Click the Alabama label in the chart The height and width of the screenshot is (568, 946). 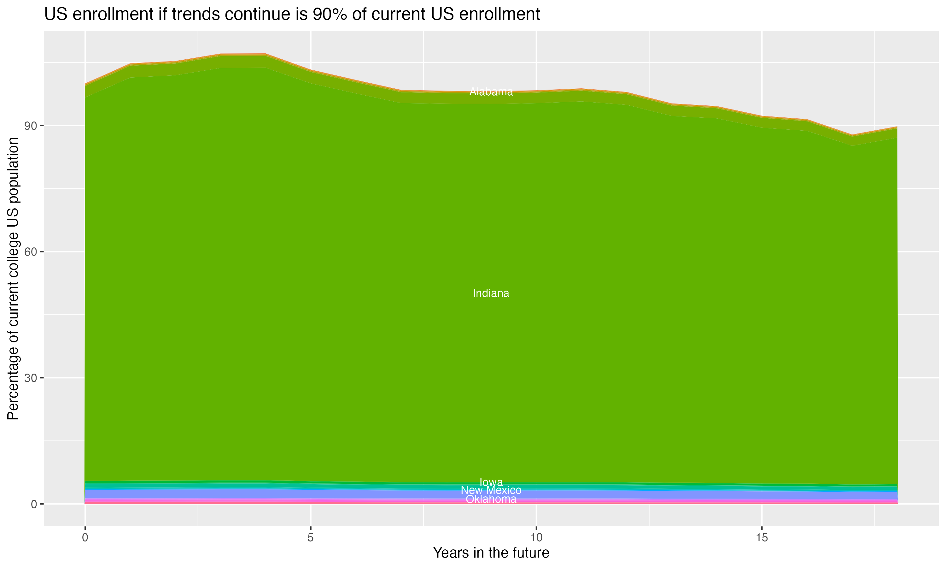491,92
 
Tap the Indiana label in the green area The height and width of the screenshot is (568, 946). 491,293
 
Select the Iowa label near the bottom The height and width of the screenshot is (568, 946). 491,482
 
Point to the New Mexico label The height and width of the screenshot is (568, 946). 491,490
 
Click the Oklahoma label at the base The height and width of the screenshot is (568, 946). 491,499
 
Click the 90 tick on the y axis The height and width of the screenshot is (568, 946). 31,126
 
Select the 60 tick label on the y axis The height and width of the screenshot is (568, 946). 31,252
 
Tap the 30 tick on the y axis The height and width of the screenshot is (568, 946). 31,378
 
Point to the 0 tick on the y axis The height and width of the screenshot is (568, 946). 34,504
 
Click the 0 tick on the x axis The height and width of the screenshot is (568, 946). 85,538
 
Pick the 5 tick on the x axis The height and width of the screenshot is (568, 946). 311,538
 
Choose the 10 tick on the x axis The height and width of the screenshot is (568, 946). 536,538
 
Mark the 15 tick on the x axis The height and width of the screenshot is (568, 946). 762,538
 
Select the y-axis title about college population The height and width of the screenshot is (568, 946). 13,278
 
